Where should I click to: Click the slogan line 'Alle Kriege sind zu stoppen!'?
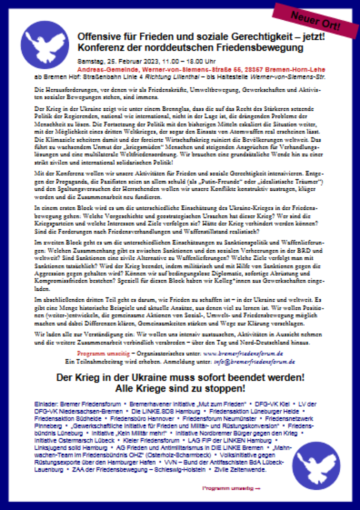(179, 387)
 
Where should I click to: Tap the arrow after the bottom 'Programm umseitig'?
(258, 487)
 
